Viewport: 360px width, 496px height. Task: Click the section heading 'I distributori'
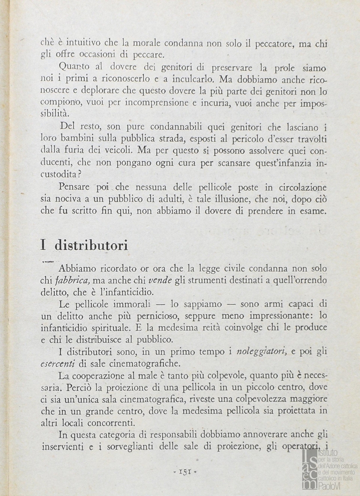pos(84,245)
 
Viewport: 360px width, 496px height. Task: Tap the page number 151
pos(182,471)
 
